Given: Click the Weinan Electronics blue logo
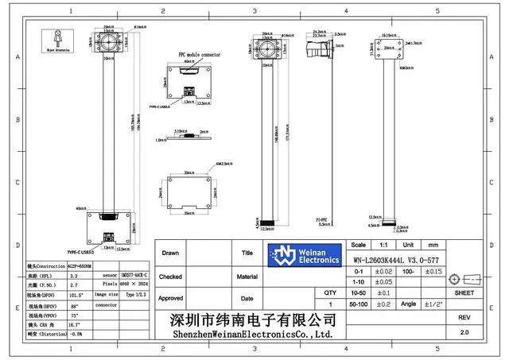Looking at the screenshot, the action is click(305, 254).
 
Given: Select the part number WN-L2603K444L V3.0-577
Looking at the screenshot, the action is click(395, 259).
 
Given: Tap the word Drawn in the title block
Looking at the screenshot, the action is click(171, 254).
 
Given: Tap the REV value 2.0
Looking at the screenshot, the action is click(464, 334).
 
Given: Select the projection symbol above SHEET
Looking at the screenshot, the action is click(464, 279).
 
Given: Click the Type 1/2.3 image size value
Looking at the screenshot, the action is click(136, 294).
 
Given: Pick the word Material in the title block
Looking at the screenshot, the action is click(247, 277).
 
